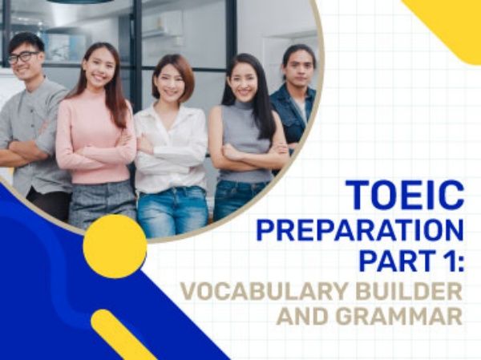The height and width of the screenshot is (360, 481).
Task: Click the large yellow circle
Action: [x=115, y=246]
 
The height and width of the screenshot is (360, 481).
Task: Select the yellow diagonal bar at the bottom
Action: [x=123, y=335]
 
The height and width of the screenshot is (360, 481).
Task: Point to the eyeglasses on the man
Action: [x=24, y=57]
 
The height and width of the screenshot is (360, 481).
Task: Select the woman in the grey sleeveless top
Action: [x=245, y=136]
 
